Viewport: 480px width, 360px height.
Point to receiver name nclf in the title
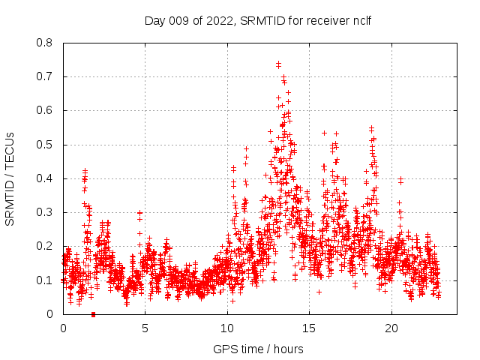coord(360,21)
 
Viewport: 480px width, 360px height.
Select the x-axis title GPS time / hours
coord(258,349)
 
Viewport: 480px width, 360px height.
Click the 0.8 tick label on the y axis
coord(45,43)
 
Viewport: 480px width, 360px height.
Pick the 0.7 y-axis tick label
coord(45,76)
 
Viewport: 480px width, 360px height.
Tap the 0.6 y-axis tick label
coord(45,110)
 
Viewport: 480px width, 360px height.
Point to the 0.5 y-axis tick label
coord(45,145)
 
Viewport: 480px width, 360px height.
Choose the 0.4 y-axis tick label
coord(45,178)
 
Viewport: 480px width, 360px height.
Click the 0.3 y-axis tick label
coord(45,212)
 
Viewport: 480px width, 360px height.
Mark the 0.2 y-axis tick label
coord(45,246)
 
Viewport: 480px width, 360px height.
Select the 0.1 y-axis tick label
coord(45,280)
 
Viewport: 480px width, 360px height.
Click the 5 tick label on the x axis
coord(145,328)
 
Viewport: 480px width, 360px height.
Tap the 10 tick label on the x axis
coord(227,328)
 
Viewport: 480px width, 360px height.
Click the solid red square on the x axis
coord(93,313)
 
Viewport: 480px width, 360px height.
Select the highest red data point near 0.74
coord(278,64)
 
